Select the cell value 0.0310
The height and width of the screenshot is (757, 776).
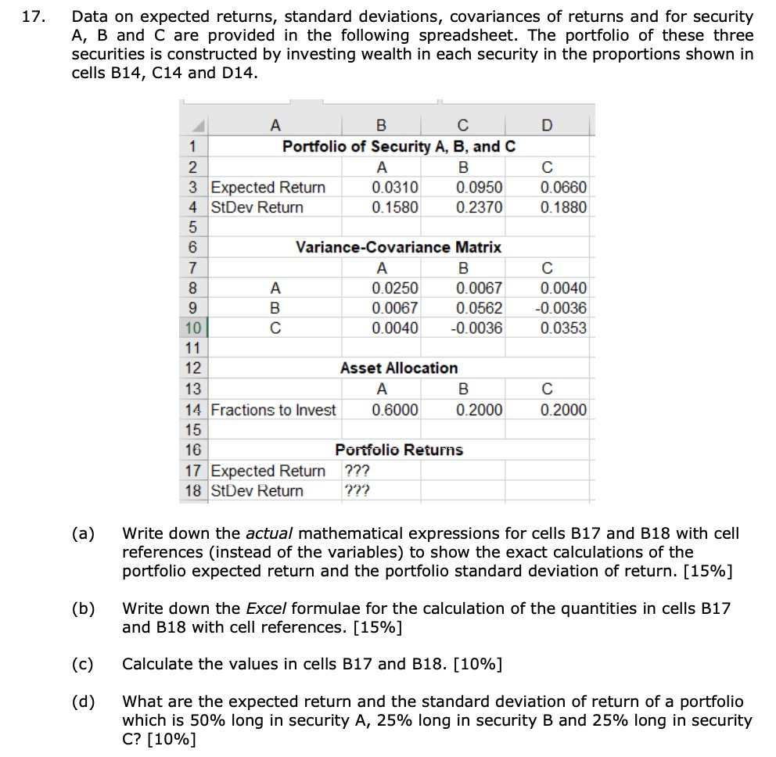click(x=394, y=188)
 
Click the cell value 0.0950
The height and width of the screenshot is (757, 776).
click(x=480, y=188)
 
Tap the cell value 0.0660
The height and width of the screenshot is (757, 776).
click(x=563, y=188)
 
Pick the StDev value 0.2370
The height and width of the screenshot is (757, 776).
click(x=480, y=207)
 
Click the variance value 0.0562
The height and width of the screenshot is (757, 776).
click(x=480, y=307)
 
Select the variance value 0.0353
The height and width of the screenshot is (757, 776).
click(x=563, y=328)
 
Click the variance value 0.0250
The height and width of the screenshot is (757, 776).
click(x=394, y=288)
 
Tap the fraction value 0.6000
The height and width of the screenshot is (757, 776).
click(x=394, y=410)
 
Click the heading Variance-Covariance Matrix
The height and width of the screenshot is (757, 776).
click(x=398, y=247)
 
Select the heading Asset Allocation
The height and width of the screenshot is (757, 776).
click(x=399, y=368)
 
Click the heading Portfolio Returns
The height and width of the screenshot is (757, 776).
click(x=399, y=450)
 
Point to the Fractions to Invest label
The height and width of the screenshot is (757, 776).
click(x=273, y=410)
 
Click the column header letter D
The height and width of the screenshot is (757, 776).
click(x=545, y=124)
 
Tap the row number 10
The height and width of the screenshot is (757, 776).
click(x=194, y=328)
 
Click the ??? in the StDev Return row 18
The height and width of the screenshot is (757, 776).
click(x=357, y=491)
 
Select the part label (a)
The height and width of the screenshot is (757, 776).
click(x=83, y=534)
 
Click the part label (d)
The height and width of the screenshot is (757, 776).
click(x=83, y=701)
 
